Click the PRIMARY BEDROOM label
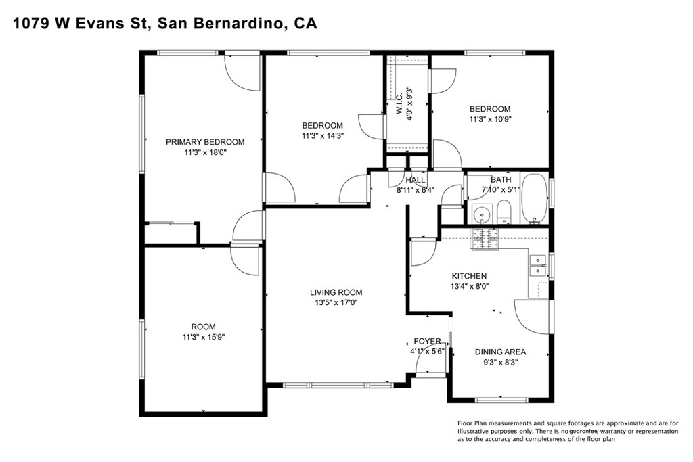205,142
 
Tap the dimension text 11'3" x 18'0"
205,153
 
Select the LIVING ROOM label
336,292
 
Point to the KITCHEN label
469,276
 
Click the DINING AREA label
500,352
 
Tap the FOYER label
427,341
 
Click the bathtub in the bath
535,200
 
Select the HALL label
415,180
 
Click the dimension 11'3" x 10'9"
490,120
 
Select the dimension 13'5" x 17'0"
336,303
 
